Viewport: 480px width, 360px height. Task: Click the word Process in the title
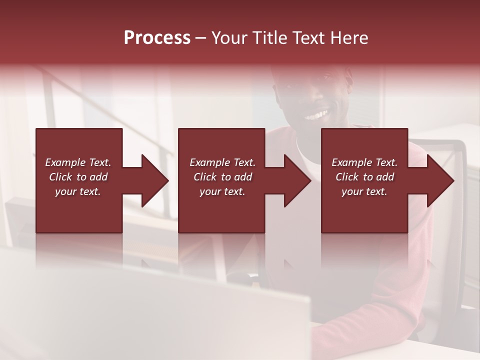(157, 38)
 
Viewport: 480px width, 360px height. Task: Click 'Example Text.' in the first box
(78, 162)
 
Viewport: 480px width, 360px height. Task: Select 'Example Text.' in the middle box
(222, 162)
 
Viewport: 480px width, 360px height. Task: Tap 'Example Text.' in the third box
(364, 162)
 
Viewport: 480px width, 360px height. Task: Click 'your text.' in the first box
(78, 191)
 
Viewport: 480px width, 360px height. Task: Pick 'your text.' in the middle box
(222, 191)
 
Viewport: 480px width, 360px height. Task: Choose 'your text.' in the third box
(364, 191)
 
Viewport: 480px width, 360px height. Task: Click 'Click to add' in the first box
(78, 177)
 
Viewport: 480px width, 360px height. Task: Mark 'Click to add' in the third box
(364, 177)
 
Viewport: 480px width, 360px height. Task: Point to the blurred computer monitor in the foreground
(150, 310)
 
